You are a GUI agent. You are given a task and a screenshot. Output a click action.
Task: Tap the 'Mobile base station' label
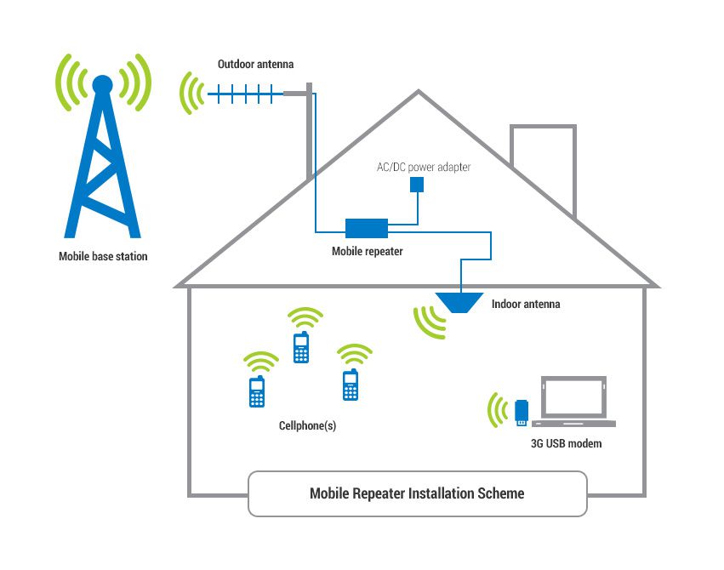coord(103,256)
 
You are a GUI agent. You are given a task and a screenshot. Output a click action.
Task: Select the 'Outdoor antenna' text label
coord(256,64)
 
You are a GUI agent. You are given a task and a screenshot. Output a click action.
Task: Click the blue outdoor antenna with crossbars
coord(247,92)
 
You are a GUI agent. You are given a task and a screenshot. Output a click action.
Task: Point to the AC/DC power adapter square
coord(416,185)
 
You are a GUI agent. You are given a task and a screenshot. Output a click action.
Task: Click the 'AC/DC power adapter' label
coord(424,167)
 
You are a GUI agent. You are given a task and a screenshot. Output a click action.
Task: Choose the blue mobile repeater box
coord(367,228)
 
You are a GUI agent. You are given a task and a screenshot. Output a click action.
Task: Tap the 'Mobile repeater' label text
coord(367,251)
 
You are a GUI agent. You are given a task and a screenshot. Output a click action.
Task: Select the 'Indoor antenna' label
coord(526,304)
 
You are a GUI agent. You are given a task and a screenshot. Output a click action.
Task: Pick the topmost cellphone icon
coord(300,347)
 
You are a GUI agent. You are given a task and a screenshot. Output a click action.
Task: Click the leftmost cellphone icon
coord(256,391)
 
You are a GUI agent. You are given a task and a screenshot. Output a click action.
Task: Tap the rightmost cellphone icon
coord(349,385)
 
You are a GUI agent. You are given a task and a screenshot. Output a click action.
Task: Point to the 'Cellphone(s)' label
coord(307,425)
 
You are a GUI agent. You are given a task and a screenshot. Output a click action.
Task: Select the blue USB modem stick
coord(522,412)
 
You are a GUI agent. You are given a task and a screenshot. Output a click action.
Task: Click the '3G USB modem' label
coord(566,443)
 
